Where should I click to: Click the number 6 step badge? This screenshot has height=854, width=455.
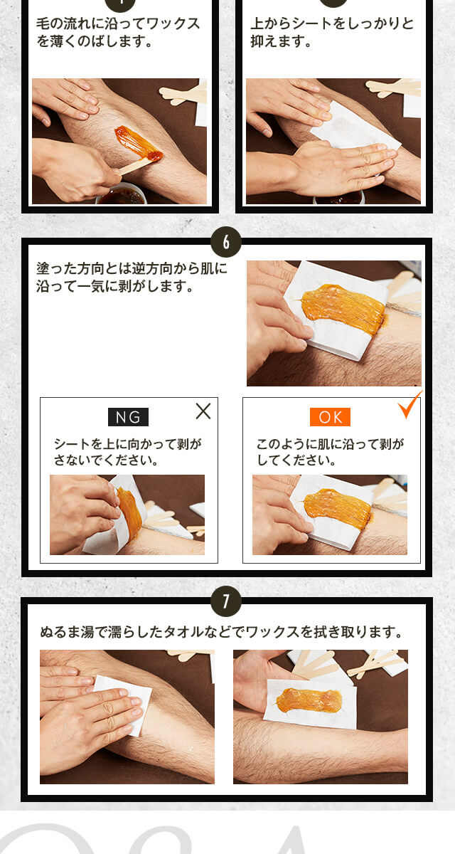coord(226,242)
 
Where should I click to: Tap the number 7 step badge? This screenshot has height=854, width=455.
coord(226,601)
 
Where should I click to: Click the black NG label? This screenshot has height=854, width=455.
coord(128,417)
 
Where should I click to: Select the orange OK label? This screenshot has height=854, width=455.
coord(330,417)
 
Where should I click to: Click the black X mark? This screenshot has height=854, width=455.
coord(203,411)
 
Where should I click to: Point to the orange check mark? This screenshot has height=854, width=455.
coord(410,404)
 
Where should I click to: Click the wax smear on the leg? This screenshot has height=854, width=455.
coord(137,143)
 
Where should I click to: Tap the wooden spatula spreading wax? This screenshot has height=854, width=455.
coord(135,167)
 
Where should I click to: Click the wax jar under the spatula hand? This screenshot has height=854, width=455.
coord(122,194)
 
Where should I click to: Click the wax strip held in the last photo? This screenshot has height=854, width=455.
coord(309,701)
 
